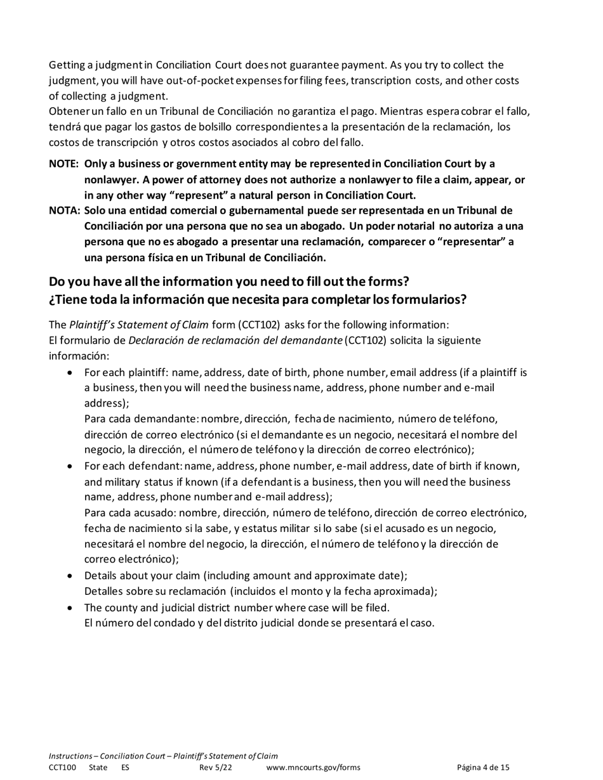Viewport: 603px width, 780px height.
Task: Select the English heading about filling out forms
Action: point(229,282)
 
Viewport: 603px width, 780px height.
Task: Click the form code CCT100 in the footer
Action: point(62,768)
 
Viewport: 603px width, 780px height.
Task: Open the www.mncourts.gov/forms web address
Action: point(314,768)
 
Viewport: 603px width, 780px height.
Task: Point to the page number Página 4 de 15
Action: point(483,768)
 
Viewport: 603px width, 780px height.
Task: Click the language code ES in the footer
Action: point(125,768)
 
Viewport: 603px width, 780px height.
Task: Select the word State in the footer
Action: point(98,768)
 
